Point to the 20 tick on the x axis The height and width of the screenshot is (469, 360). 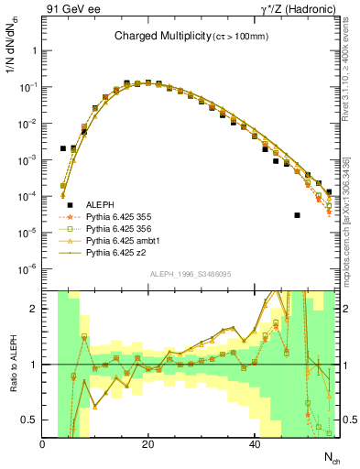(x=148, y=445)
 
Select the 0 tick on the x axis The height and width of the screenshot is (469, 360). (x=43, y=445)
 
